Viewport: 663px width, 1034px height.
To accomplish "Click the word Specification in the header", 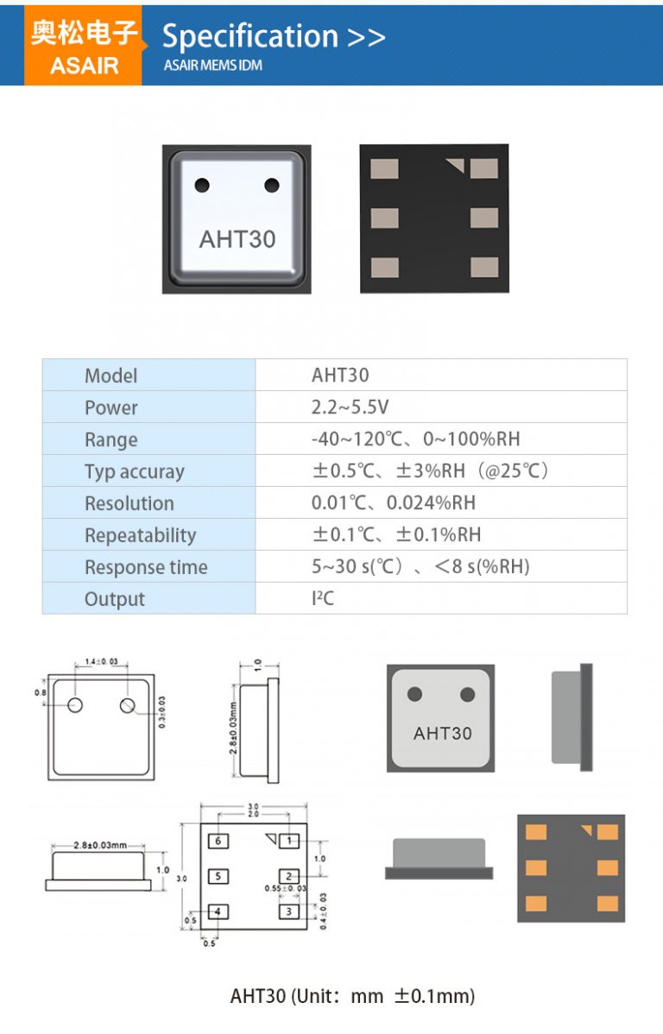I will tap(250, 36).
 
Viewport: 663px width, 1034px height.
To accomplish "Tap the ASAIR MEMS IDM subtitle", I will tap(212, 66).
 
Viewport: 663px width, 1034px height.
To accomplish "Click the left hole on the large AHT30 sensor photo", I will tap(202, 185).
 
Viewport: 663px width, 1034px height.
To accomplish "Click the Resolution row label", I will tap(129, 503).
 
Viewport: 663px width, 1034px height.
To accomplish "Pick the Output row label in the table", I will tap(114, 599).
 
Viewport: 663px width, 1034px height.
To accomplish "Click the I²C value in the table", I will tap(322, 598).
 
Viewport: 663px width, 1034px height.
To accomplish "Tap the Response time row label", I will tap(145, 567).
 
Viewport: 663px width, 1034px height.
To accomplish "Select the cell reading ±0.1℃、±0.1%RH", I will tap(395, 535).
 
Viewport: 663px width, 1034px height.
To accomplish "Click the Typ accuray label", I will tap(134, 471).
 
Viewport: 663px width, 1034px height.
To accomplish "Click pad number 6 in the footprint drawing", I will tap(219, 840).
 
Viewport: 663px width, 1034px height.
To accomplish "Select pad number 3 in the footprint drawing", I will tap(290, 911).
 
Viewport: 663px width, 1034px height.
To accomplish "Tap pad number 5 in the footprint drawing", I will tap(219, 876).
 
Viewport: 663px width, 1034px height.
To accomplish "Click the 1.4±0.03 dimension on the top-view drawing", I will tap(101, 662).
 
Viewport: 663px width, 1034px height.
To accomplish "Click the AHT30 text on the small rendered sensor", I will tap(442, 733).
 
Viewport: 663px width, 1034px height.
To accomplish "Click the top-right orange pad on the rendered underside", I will tap(608, 832).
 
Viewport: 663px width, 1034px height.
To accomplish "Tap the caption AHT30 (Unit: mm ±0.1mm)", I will tap(352, 996).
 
